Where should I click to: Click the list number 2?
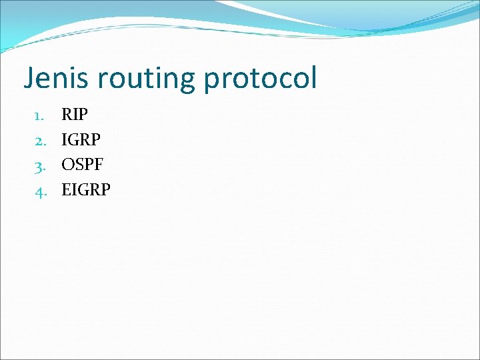[x=39, y=140]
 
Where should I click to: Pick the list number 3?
[x=39, y=165]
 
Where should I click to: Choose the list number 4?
[x=39, y=191]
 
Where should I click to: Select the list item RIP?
[x=74, y=115]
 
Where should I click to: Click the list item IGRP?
[x=81, y=140]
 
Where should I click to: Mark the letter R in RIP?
[x=67, y=115]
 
